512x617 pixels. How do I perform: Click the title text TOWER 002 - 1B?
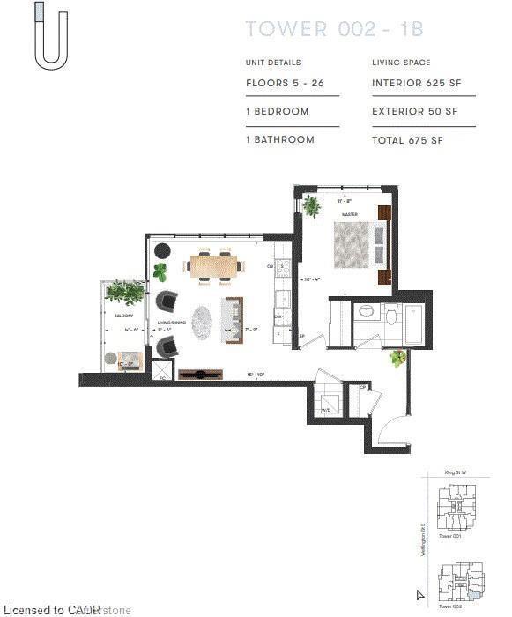334,28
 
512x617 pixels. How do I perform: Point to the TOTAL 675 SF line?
408,140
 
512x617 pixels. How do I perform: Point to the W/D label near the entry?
326,410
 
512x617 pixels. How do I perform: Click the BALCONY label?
122,314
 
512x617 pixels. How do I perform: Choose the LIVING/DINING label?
172,323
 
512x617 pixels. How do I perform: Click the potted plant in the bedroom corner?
311,205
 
